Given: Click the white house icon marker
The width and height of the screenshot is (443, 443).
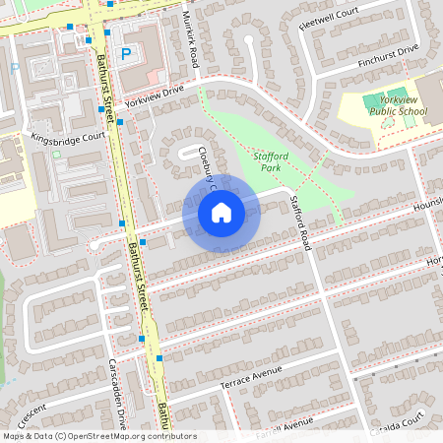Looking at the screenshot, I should coord(221,212).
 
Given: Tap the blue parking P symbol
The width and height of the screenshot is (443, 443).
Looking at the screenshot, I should coord(125,55).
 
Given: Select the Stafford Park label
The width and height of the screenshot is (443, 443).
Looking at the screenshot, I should coord(270,162).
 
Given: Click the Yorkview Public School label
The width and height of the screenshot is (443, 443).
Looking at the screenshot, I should coord(401,106).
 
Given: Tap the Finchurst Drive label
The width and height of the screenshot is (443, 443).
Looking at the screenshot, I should coord(388,55).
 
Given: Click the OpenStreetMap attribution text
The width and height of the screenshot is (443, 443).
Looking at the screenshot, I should coord(99,436).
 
